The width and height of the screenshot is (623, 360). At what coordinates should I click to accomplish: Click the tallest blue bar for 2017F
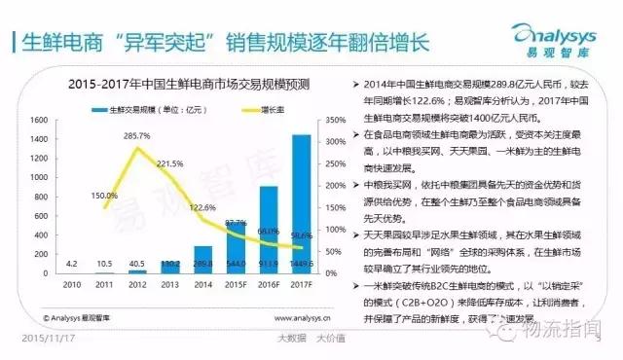point(302,204)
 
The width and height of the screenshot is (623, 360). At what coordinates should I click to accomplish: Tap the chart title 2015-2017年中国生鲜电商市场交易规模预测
point(185,86)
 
